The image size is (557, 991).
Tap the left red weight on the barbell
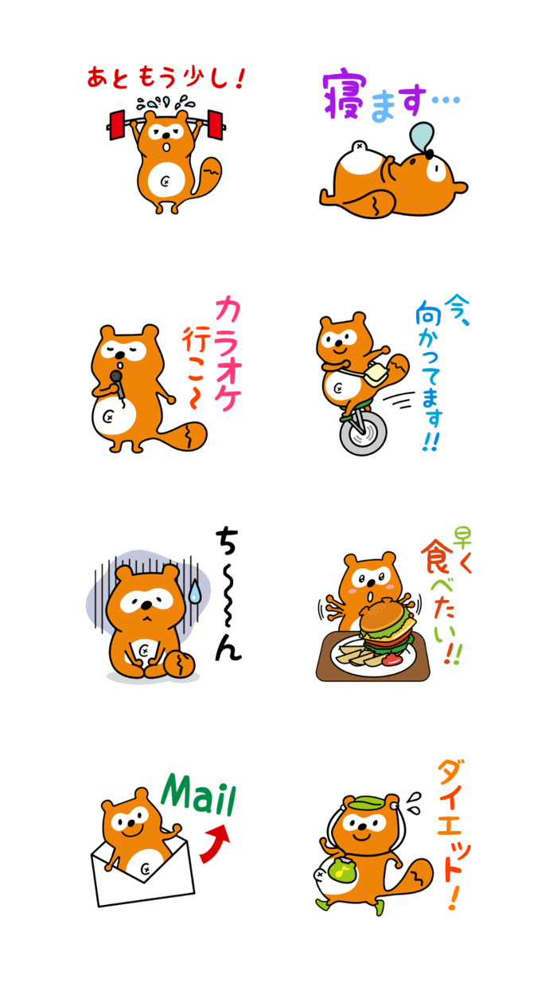pos(116,123)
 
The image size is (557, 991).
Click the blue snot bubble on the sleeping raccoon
pos(423,136)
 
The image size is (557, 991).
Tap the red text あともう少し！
pos(166,78)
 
